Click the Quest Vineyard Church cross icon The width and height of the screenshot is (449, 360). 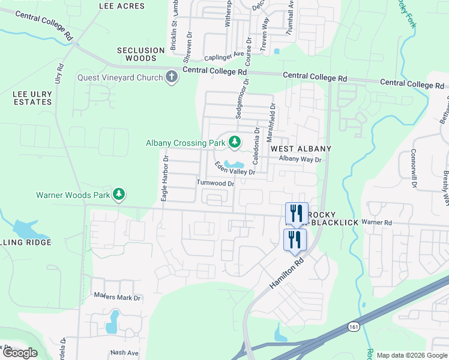click(172, 77)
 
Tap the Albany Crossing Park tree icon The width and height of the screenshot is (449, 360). click(235, 143)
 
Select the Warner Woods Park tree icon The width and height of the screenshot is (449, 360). click(119, 194)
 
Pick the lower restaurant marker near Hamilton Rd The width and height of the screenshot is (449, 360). click(295, 239)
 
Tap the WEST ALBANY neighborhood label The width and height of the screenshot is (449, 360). click(300, 148)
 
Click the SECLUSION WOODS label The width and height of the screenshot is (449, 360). click(140, 55)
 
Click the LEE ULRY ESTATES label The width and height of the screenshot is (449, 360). click(32, 98)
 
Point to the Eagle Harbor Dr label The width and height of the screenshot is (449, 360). click(165, 178)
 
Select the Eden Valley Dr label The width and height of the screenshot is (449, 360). click(235, 168)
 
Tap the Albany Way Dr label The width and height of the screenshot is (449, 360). click(301, 160)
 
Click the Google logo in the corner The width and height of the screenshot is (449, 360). click(19, 353)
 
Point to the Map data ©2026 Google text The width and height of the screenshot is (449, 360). click(412, 355)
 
